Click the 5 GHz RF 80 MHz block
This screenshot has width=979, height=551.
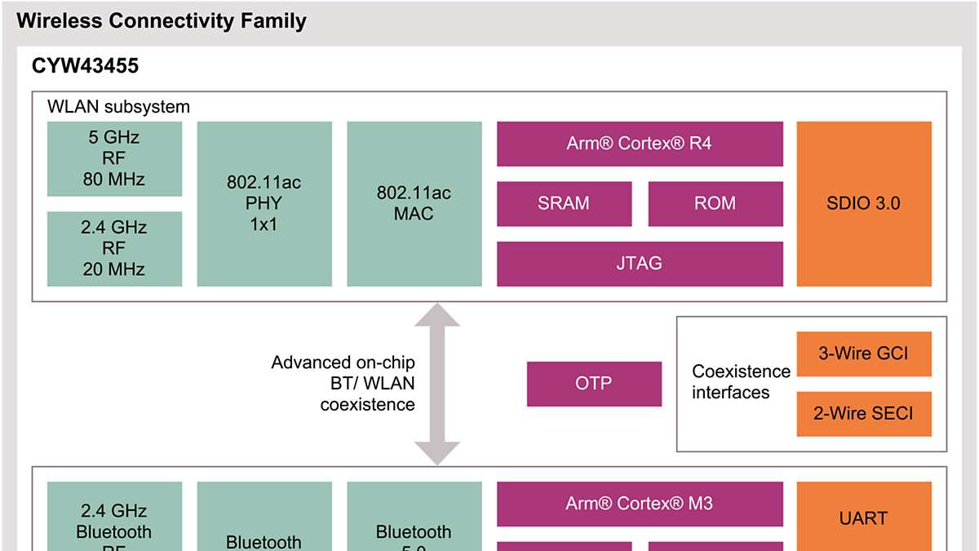113,159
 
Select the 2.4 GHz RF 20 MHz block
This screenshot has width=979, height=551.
113,249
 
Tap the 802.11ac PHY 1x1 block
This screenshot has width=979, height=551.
264,204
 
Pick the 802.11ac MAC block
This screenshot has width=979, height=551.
414,204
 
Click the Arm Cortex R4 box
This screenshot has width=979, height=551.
640,144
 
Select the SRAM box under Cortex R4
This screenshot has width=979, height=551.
564,203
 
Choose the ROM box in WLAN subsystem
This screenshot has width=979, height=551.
715,203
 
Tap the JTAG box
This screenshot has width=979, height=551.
640,264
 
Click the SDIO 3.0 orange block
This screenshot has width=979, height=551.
864,204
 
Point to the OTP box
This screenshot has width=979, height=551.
594,384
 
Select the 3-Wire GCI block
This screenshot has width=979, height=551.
864,353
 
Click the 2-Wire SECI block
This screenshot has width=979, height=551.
864,414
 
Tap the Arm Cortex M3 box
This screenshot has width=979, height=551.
640,504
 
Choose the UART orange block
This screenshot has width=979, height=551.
864,517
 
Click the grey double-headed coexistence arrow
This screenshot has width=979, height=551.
438,384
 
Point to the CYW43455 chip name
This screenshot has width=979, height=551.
86,67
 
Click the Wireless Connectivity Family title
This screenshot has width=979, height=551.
162,22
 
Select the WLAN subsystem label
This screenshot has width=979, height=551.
118,107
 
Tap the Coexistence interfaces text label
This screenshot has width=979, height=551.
741,382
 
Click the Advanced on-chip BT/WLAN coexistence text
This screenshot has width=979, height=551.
343,383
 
